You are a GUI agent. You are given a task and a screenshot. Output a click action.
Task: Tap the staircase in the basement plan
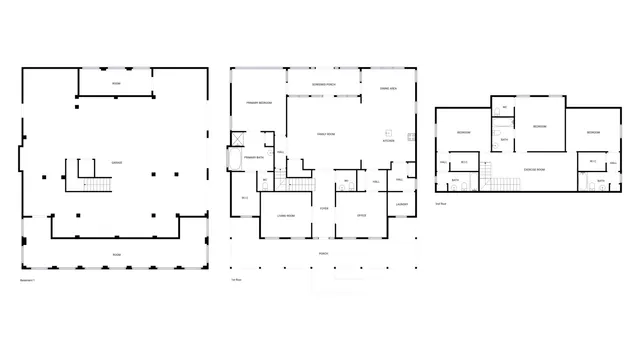pos(96,185)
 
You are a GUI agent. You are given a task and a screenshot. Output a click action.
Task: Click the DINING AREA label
pos(389,89)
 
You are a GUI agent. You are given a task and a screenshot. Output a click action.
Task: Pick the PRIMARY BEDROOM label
pos(258,101)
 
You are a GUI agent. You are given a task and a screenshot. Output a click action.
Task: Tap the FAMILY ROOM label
pos(326,134)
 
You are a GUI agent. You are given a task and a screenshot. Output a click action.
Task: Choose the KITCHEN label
pos(388,141)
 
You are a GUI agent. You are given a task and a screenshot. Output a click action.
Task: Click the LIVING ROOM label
pos(286,214)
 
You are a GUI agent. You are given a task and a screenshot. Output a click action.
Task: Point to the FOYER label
pos(324,208)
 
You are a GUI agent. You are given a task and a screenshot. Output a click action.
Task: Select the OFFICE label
pos(362,214)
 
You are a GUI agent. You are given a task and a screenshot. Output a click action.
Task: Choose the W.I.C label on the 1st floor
pos(245,197)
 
